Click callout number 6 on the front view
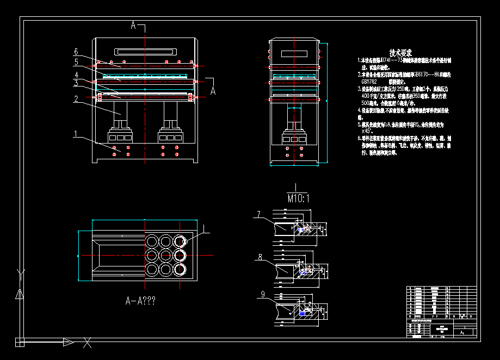tap(76, 52)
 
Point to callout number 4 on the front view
tap(77, 75)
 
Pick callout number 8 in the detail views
tap(260, 257)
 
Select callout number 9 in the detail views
tap(263, 295)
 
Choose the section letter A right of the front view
tap(213, 90)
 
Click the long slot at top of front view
tap(144, 53)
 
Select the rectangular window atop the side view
tap(294, 54)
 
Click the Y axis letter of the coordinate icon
tap(20, 273)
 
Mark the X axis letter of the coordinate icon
tap(87, 343)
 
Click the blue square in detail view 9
tap(303, 313)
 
